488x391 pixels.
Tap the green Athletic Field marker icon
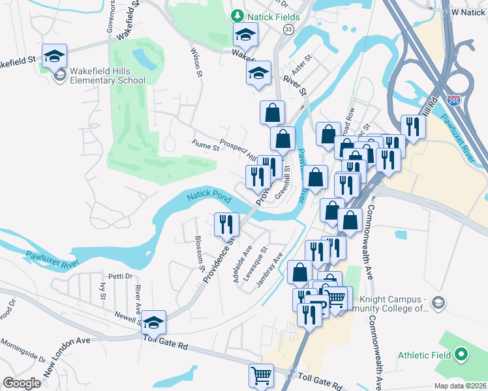click(x=462, y=355)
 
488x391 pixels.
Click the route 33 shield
click(x=288, y=29)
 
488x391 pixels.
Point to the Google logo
click(x=22, y=383)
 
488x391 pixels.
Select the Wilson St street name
click(x=194, y=60)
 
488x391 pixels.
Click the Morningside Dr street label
click(x=23, y=351)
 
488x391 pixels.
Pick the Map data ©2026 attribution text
click(x=460, y=385)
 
